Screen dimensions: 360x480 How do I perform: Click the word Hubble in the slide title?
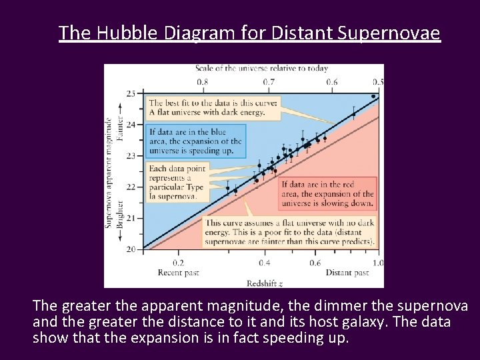pyautogui.click(x=125, y=33)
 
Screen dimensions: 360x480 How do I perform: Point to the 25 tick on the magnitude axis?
pyautogui.click(x=131, y=93)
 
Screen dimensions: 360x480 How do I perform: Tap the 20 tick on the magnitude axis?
pyautogui.click(x=131, y=249)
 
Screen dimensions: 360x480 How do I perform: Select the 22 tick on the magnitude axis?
pyautogui.click(x=131, y=187)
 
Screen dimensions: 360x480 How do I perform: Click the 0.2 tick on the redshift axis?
pyautogui.click(x=179, y=263)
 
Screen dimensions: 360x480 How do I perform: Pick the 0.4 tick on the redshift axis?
pyautogui.click(x=264, y=263)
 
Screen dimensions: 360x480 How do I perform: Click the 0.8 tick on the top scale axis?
pyautogui.click(x=202, y=82)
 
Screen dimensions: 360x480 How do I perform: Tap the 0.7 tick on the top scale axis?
pyautogui.click(x=268, y=82)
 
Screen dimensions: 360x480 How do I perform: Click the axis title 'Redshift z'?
pyautogui.click(x=265, y=283)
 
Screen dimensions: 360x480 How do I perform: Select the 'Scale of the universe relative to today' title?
pyautogui.click(x=262, y=69)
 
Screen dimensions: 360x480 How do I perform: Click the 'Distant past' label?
pyautogui.click(x=347, y=273)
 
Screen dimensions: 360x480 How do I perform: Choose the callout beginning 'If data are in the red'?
pyautogui.click(x=327, y=193)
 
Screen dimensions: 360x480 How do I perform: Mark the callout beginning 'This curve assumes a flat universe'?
pyautogui.click(x=290, y=232)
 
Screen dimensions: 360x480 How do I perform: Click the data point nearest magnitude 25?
pyautogui.click(x=373, y=96)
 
